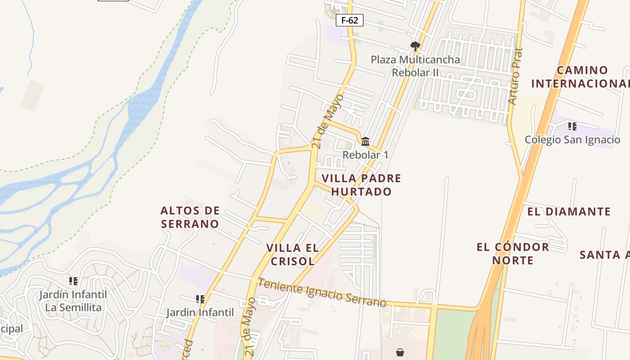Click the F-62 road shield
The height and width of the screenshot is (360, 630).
pos(350,20)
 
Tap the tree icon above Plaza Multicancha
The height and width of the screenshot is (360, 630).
pos(415,46)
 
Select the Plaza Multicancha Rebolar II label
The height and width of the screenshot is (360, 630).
pos(415,66)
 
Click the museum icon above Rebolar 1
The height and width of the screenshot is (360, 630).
pos(365,141)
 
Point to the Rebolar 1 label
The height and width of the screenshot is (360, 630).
pos(365,155)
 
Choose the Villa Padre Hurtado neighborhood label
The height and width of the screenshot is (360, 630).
pos(361,185)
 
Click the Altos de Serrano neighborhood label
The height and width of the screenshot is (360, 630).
pos(190,217)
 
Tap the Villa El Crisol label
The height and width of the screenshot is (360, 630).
pos(292,254)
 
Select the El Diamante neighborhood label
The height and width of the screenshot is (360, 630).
pos(569,211)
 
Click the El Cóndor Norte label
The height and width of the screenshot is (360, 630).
pos(513,253)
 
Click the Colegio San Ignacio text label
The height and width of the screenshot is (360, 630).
pos(572,140)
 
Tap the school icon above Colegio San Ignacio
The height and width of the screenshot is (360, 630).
pos(572,126)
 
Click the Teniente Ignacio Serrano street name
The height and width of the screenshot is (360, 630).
pos(322,292)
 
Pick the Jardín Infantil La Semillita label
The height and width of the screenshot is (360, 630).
pos(73,301)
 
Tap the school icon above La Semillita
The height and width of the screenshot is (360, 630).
pos(73,281)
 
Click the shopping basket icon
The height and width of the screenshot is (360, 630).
pos(400,352)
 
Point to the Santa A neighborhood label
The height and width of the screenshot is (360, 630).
pos(604,255)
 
